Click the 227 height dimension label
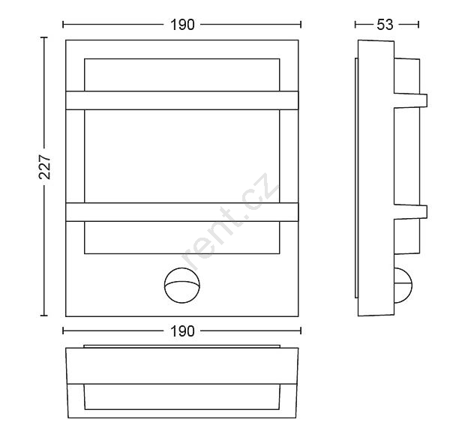[x=45, y=167]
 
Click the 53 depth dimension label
[x=385, y=25]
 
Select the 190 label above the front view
[x=182, y=25]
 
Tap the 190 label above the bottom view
[x=182, y=331]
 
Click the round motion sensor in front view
[x=182, y=286]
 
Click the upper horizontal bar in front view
[x=182, y=100]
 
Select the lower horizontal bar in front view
[x=182, y=212]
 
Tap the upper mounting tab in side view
[x=411, y=100]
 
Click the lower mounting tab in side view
[x=411, y=212]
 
